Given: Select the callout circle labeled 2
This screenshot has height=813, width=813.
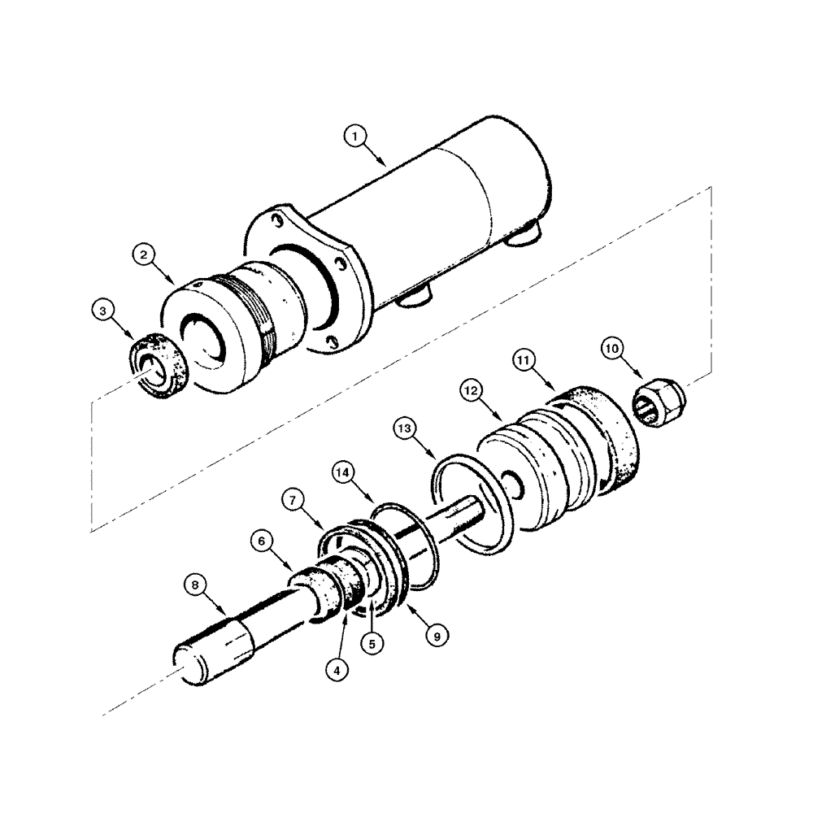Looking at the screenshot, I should pos(143,255).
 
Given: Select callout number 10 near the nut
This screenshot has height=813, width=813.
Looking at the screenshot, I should pos(613,349).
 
